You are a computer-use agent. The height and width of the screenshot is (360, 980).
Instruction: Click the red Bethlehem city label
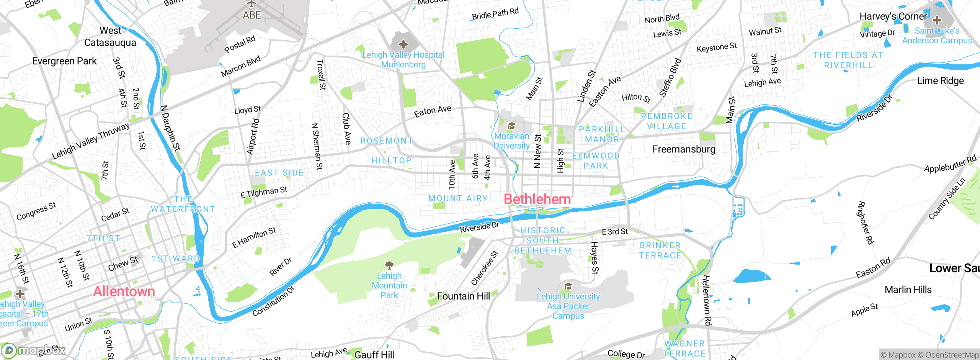(x=537, y=199)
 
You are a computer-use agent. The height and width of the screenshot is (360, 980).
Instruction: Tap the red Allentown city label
(x=124, y=291)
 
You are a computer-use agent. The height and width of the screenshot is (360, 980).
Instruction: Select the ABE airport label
(x=252, y=15)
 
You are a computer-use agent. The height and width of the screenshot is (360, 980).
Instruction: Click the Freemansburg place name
(x=684, y=149)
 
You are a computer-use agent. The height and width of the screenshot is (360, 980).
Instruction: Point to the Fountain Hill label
(x=463, y=296)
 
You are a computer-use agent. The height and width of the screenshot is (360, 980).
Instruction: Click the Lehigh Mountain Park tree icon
(x=389, y=265)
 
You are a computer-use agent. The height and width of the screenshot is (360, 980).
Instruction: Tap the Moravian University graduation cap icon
(x=511, y=126)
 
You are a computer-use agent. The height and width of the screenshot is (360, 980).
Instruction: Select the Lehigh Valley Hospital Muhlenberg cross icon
(x=403, y=44)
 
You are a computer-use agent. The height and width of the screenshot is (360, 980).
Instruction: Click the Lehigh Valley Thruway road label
(x=91, y=141)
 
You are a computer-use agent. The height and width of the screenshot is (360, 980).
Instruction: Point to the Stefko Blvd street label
(x=670, y=77)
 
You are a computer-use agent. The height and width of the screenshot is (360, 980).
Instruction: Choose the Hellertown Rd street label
(x=707, y=300)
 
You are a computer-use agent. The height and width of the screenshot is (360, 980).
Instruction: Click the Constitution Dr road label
(x=273, y=301)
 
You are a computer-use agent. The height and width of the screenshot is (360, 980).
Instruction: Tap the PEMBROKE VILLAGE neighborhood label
(x=666, y=121)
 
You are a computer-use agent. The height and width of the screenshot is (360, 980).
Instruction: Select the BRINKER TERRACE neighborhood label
(x=660, y=250)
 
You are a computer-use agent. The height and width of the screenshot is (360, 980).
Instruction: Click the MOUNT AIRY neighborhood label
(x=458, y=198)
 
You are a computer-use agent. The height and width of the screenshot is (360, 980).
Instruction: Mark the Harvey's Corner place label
(x=893, y=16)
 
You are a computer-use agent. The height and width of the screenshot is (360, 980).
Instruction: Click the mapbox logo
(x=34, y=350)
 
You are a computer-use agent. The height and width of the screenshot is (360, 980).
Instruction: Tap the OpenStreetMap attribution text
(x=952, y=355)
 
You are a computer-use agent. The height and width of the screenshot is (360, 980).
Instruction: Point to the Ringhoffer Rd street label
(x=865, y=223)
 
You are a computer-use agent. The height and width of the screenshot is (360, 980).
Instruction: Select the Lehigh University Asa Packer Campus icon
(x=568, y=286)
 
